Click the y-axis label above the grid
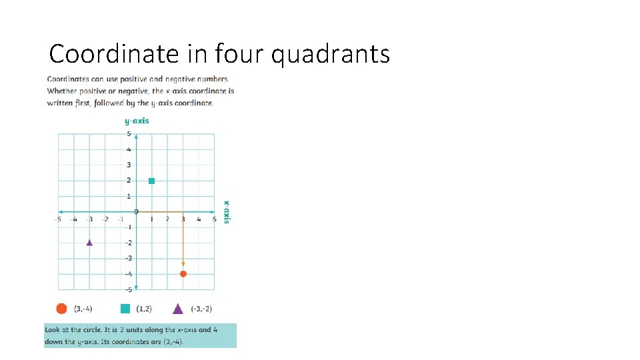137,121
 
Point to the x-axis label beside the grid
227,212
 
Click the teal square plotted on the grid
152,181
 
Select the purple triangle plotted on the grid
89,243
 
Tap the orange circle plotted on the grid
183,274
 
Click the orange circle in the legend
61,308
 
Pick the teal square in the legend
125,308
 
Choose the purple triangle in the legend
178,308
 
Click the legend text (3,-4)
83,309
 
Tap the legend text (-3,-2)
201,309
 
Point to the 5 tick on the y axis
129,134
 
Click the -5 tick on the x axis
58,219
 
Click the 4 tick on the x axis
199,219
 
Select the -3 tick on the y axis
127,258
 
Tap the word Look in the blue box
53,330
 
